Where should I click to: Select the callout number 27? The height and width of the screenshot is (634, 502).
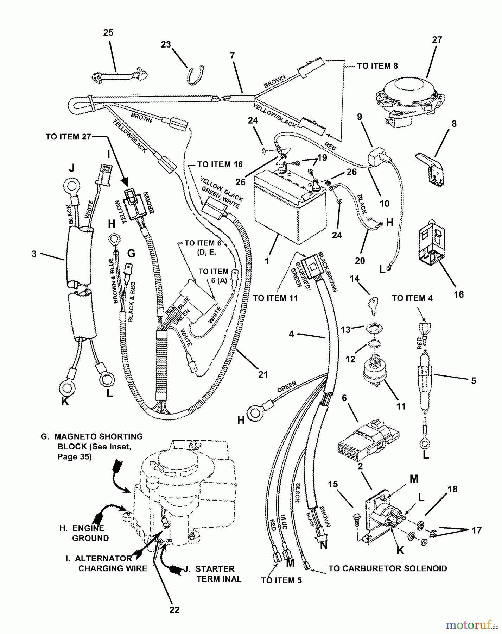click(437, 40)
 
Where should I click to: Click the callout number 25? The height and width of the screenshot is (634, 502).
click(108, 33)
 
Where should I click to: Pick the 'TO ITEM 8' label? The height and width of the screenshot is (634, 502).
click(377, 66)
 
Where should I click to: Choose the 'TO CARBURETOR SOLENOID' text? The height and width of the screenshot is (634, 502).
click(388, 568)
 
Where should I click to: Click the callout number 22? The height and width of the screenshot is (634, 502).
click(174, 610)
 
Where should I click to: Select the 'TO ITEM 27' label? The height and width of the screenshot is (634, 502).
click(68, 137)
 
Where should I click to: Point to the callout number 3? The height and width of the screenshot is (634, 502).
click(34, 254)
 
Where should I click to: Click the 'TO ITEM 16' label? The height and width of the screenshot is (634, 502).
click(220, 164)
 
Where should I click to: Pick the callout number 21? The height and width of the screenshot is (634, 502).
click(263, 374)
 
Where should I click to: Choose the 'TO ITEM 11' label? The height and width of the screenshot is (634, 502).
click(275, 298)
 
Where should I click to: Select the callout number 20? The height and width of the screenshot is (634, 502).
click(360, 261)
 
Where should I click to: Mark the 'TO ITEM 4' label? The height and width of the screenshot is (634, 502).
click(412, 298)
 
